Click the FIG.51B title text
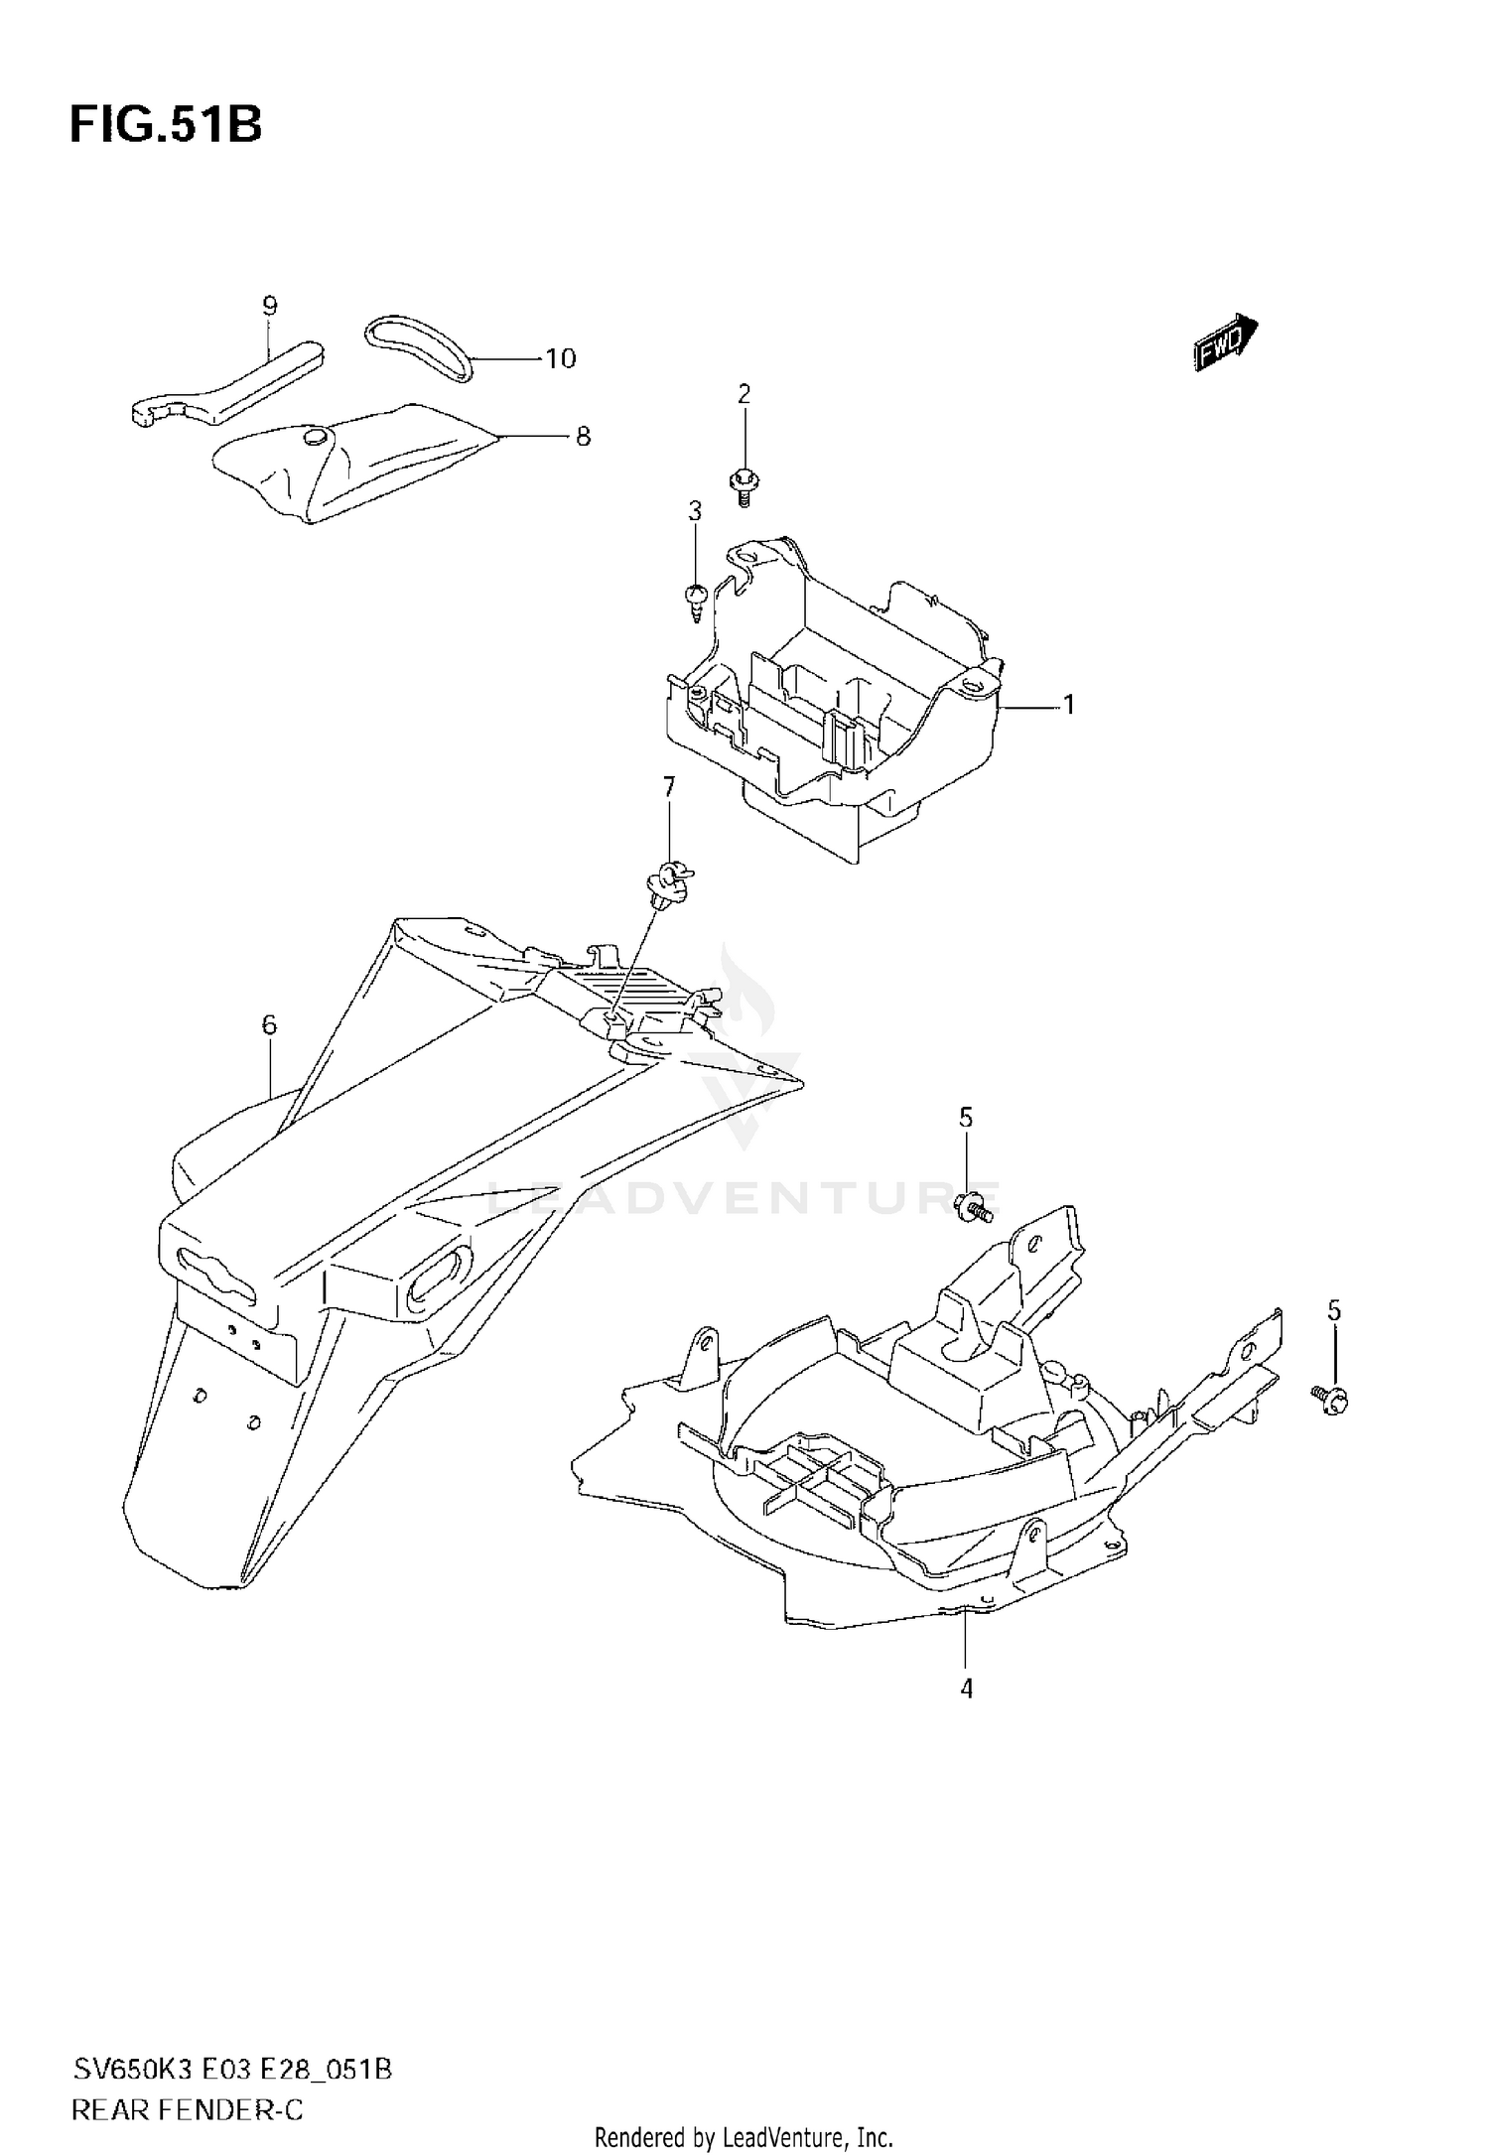coord(166,126)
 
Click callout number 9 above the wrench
coord(270,306)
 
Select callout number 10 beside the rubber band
coord(561,358)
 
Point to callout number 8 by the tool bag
coord(583,436)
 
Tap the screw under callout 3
coord(696,598)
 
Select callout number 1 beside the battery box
coord(1069,705)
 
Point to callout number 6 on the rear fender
coord(270,1024)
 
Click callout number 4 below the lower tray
coord(966,1687)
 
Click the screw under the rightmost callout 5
coord(1332,1398)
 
